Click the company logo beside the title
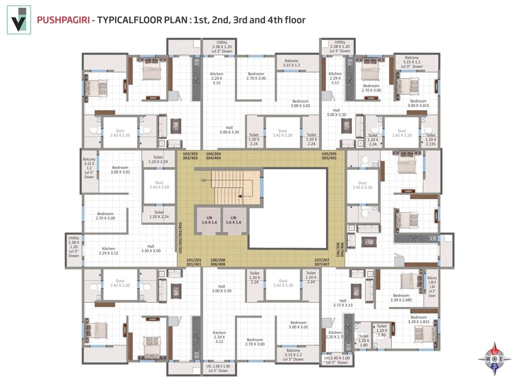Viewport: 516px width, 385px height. (x=19, y=20)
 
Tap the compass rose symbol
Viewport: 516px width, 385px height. (x=495, y=359)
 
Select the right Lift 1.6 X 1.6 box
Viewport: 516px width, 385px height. (x=233, y=220)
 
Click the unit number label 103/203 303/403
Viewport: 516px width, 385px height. (x=190, y=155)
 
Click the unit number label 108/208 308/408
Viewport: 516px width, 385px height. (x=217, y=261)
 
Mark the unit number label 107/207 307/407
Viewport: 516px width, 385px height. (x=321, y=261)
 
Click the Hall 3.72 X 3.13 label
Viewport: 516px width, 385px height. (x=343, y=303)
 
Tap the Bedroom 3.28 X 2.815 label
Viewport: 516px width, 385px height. (x=418, y=320)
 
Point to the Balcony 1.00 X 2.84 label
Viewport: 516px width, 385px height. (x=432, y=287)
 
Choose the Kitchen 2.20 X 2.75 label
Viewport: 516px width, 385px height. (x=335, y=335)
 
